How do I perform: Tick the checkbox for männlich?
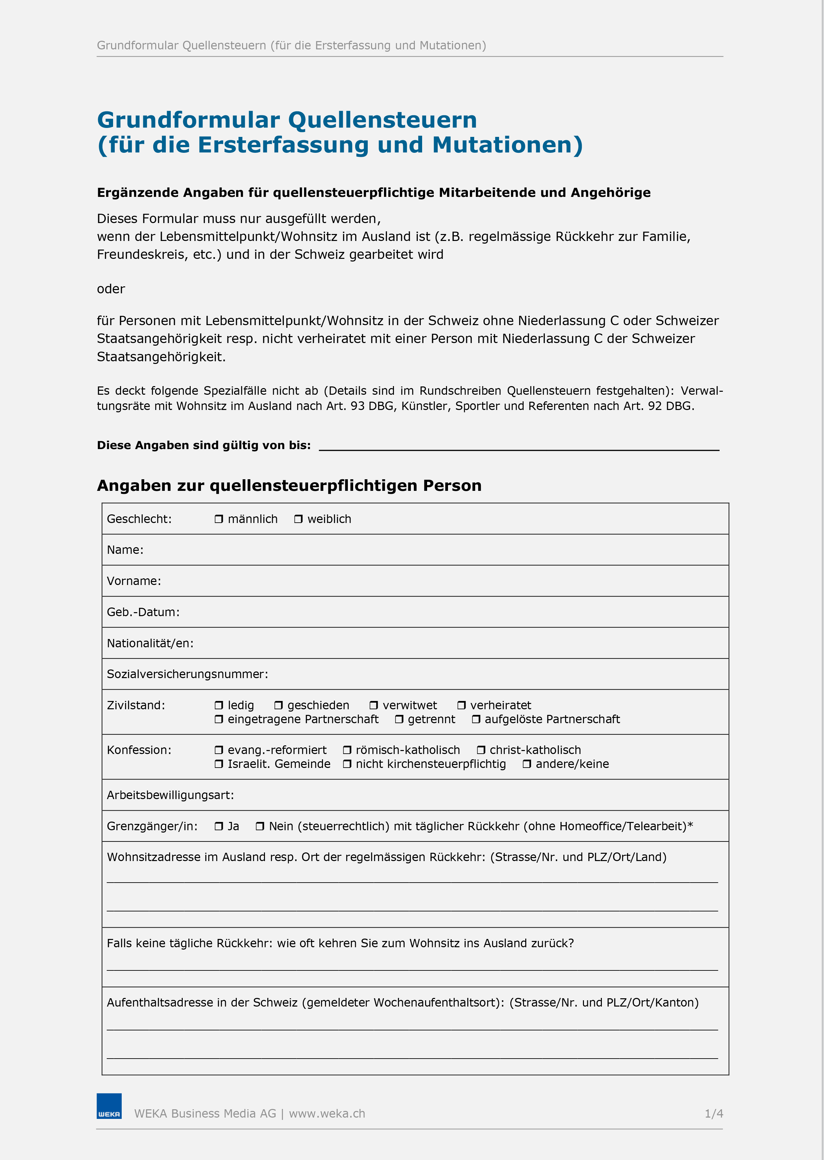click(219, 519)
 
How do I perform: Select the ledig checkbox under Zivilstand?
click(219, 706)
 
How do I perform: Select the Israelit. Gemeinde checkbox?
click(219, 764)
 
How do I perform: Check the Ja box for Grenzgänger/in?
click(219, 826)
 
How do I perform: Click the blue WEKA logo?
click(109, 1106)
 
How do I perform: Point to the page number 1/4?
click(714, 1114)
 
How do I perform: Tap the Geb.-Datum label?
click(143, 612)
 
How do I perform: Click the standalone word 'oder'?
click(111, 289)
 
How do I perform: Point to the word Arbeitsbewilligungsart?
click(170, 795)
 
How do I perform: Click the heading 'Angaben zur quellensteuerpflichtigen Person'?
click(289, 486)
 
